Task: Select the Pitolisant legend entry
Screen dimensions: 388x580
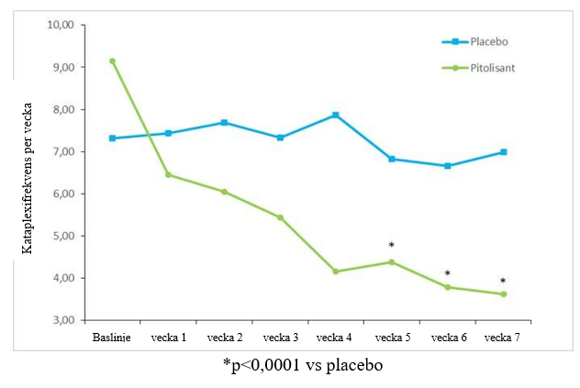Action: [485, 67]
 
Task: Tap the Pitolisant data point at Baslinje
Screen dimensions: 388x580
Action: [112, 61]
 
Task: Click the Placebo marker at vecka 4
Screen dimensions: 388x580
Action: [335, 115]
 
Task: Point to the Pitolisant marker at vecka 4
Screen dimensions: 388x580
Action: [335, 272]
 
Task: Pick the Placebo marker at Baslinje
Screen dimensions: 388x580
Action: [112, 139]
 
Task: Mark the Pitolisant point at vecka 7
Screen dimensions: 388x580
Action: [503, 294]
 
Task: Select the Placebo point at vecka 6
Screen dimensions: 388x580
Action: [447, 166]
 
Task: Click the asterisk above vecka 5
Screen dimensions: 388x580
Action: [391, 246]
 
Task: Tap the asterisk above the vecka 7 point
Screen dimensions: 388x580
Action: [503, 282]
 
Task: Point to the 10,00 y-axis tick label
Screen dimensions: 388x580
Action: [60, 25]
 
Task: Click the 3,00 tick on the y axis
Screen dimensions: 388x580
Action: [62, 320]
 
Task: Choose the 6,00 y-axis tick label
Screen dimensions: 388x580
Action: [62, 194]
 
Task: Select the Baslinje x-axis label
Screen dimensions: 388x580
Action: [111, 337]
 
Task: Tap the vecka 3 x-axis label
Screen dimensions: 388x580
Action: [279, 337]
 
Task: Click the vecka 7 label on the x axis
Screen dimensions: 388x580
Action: [503, 337]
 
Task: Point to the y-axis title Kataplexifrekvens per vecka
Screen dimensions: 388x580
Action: [28, 173]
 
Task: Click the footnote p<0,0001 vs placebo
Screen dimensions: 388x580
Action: [302, 365]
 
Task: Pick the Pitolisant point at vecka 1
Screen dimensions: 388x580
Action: [168, 174]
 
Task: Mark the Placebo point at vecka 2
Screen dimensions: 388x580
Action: [224, 122]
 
